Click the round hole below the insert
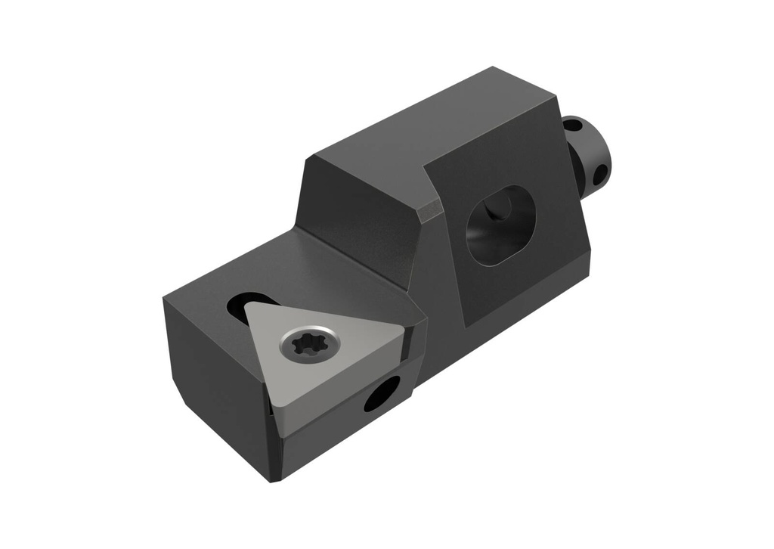pyautogui.click(x=382, y=394)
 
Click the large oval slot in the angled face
pyautogui.click(x=501, y=225)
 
